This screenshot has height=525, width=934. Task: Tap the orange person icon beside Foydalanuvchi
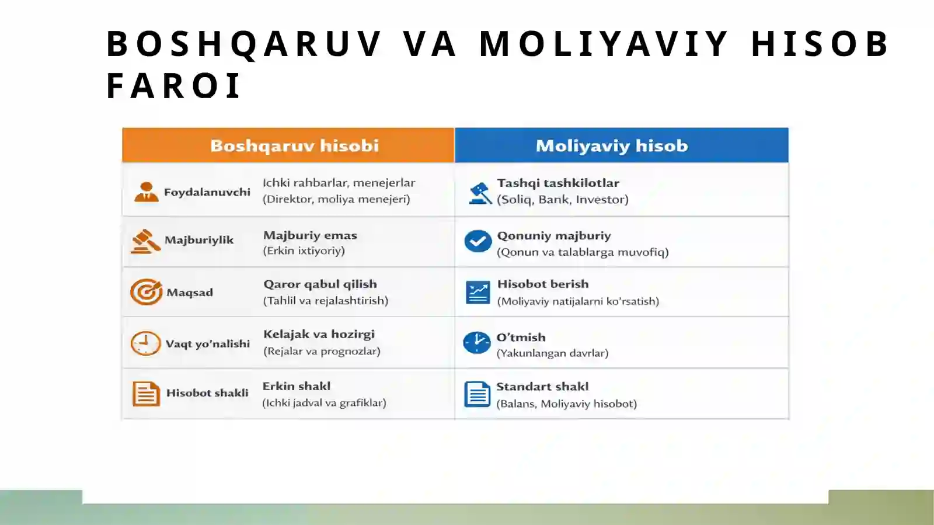click(x=146, y=192)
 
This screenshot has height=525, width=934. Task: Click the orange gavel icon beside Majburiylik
click(x=145, y=241)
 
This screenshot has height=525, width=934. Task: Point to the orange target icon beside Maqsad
click(x=146, y=292)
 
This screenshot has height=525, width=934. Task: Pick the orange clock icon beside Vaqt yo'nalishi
click(x=145, y=343)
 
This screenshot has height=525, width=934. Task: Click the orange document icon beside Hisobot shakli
click(x=146, y=394)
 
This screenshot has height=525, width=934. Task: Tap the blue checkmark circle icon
click(x=478, y=241)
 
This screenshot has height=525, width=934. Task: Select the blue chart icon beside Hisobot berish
click(x=478, y=293)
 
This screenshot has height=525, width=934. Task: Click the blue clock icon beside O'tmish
click(x=477, y=343)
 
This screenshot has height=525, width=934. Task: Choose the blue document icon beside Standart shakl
click(x=477, y=394)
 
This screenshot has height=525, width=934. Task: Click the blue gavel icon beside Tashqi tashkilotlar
click(x=480, y=193)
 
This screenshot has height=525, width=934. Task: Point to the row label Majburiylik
click(x=198, y=240)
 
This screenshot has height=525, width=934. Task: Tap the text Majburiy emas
click(x=310, y=235)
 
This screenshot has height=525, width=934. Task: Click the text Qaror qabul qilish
click(x=320, y=284)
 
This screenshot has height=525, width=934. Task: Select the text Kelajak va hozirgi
click(x=319, y=335)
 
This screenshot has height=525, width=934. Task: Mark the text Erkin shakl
click(x=296, y=386)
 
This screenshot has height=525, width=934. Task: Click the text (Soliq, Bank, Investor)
click(x=562, y=200)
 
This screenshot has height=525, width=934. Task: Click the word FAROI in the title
click(x=173, y=86)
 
